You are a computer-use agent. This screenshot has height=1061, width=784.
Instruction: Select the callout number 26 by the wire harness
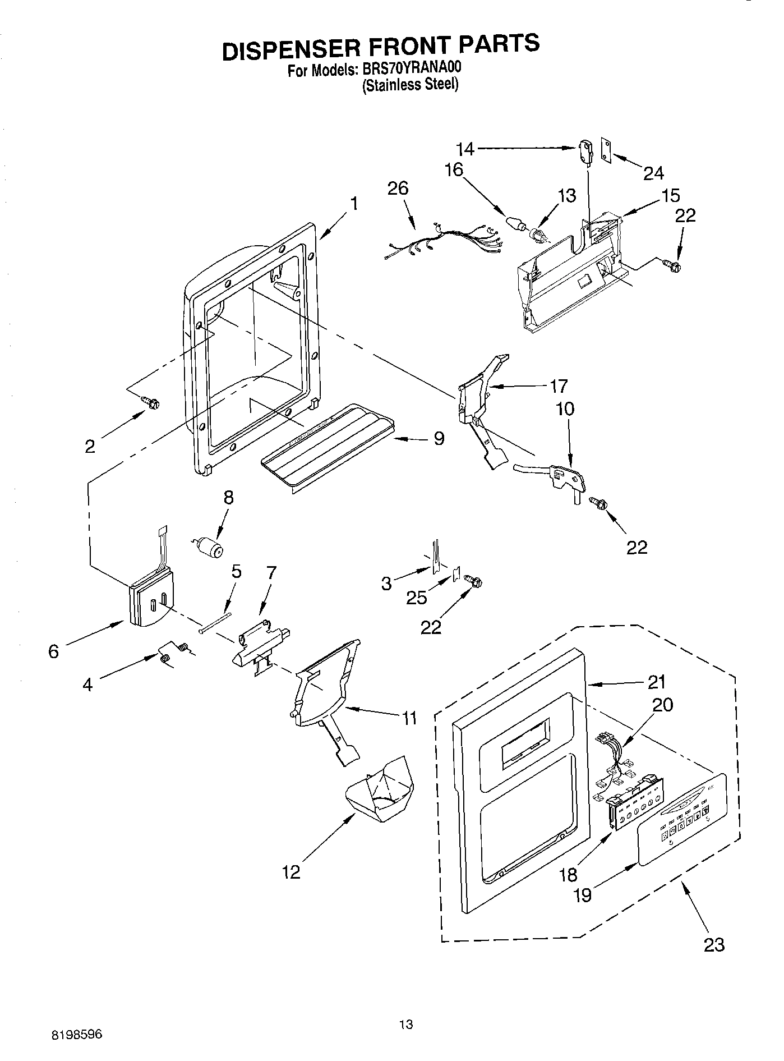398,189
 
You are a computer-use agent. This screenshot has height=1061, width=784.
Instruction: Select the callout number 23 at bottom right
714,944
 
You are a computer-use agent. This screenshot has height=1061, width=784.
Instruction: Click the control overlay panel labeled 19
684,820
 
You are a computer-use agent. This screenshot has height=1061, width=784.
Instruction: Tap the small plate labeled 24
606,150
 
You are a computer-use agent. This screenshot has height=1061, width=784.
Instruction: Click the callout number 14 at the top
465,149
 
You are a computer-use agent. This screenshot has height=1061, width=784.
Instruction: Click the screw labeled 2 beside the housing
151,402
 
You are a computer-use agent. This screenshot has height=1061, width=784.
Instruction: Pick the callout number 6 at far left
53,651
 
